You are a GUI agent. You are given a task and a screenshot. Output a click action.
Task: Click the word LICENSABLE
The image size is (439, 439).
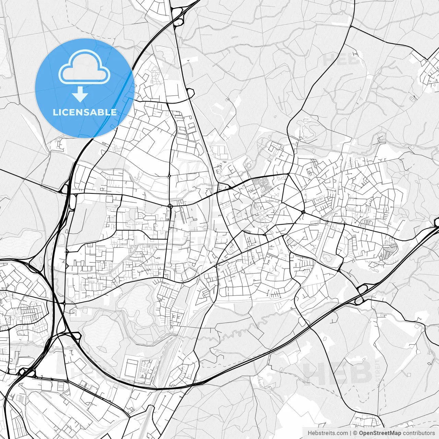click(x=84, y=112)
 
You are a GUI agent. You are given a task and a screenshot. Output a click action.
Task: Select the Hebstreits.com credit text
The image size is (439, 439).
click(x=328, y=433)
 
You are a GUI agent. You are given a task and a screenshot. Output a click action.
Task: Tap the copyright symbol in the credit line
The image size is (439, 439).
click(x=355, y=433)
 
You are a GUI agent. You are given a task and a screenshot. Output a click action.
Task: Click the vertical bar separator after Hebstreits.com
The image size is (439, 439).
click(x=351, y=433)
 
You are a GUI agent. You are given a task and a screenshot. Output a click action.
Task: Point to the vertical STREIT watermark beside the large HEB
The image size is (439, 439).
click(x=378, y=370)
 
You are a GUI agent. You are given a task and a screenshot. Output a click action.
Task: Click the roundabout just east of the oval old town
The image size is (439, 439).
click(x=303, y=212)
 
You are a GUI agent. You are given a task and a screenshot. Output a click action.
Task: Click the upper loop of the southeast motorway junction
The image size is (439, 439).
click(x=362, y=289)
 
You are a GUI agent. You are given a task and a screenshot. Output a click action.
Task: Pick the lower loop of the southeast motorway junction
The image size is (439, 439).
click(x=358, y=300)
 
